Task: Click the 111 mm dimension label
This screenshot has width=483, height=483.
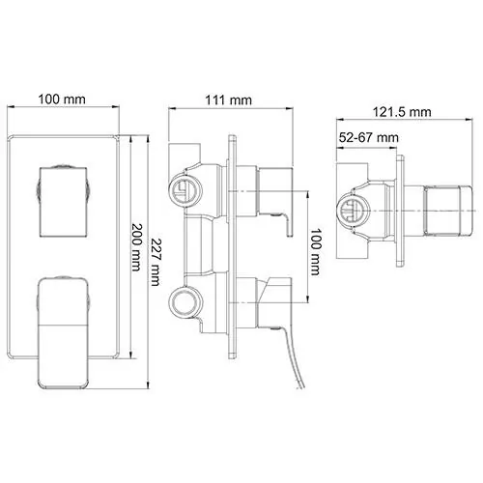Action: [228, 100]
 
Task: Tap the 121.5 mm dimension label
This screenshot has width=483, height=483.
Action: [402, 112]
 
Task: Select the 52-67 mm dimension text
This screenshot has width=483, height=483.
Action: [369, 138]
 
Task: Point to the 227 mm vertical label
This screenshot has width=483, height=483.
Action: [155, 262]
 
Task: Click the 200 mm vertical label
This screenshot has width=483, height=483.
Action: [136, 247]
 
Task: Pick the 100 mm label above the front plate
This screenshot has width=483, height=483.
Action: [62, 99]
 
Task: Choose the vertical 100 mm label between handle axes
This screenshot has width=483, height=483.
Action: [316, 252]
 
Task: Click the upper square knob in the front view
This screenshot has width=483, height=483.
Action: [64, 202]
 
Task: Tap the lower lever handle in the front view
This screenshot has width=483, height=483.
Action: [63, 332]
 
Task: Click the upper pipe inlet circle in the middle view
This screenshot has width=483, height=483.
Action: [185, 191]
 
